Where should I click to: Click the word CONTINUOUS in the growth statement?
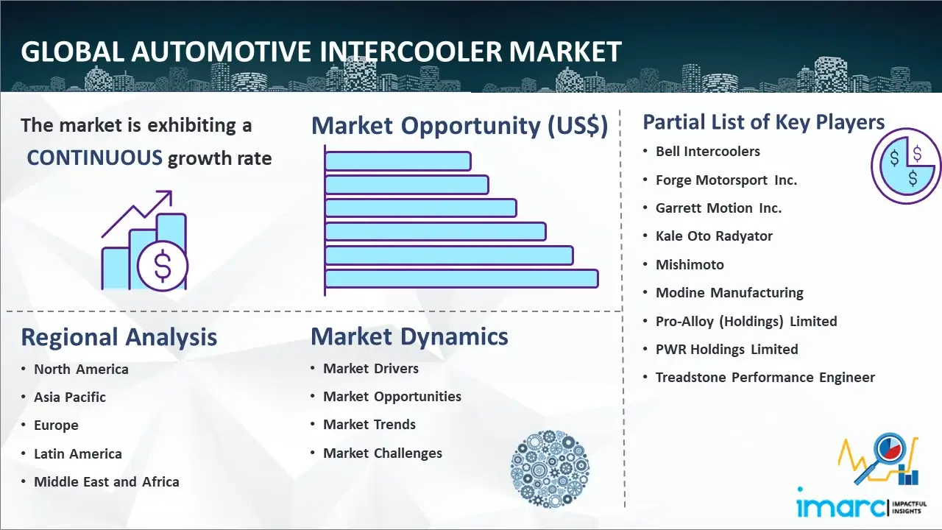coord(94,158)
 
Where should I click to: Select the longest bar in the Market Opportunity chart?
coord(461,279)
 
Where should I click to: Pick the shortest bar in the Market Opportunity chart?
coord(398,161)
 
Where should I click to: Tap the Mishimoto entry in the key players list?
coord(690,264)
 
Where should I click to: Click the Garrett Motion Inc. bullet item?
coord(718,208)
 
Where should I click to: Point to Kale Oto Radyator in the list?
coord(714,236)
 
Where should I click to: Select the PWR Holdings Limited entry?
coord(726,349)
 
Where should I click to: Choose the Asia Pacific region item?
coord(70,397)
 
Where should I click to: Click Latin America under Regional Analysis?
coord(78,454)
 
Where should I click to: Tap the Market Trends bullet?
coord(369,425)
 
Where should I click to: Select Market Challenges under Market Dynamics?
coord(382,453)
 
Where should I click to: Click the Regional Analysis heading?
coord(119,337)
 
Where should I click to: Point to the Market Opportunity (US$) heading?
coord(460,125)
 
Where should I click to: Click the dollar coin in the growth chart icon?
coord(163,266)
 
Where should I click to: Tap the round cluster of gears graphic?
coord(550,469)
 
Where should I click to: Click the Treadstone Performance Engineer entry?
coord(765,378)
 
